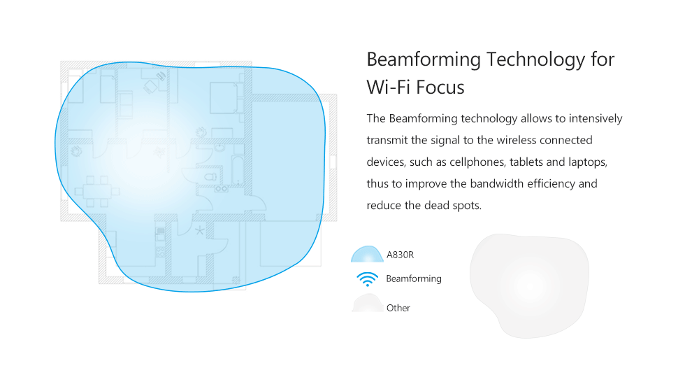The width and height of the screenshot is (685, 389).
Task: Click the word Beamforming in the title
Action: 424,60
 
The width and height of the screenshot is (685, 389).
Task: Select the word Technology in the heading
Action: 535,60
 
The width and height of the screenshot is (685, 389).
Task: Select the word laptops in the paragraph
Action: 588,162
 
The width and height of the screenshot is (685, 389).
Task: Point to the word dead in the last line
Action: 435,206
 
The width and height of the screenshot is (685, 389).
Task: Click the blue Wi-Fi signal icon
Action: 368,279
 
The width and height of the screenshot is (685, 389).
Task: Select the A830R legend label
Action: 400,255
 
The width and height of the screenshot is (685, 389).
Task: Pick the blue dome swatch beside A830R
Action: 367,254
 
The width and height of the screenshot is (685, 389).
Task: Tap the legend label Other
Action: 398,308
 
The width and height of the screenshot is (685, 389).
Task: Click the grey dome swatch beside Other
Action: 368,303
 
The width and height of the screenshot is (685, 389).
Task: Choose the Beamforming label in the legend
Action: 414,279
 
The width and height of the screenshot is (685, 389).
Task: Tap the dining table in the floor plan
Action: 97,192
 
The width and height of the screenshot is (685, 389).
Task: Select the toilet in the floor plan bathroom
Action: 210,177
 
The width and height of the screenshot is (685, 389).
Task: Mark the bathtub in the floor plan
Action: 238,171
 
